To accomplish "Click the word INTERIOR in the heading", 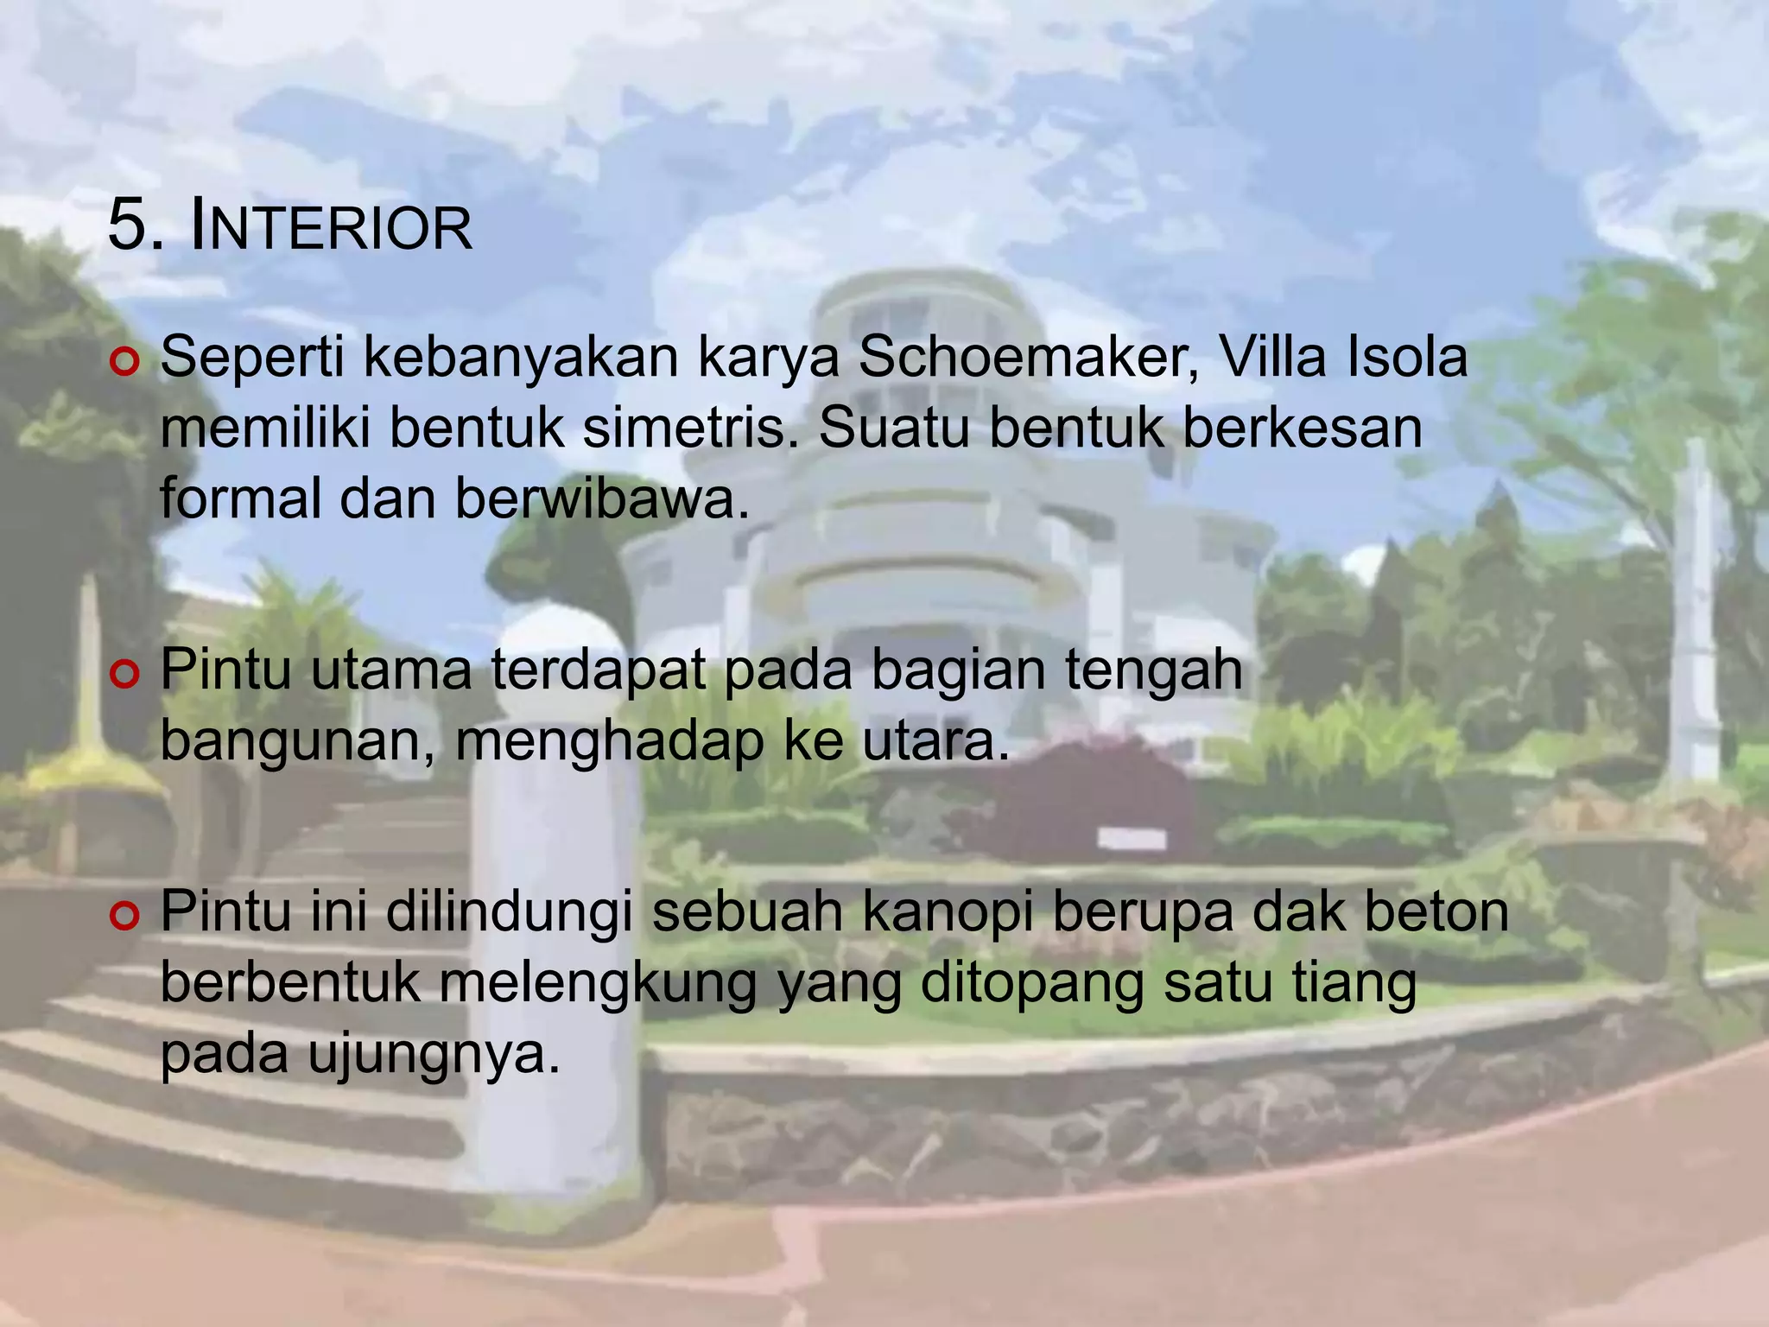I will pyautogui.click(x=330, y=228).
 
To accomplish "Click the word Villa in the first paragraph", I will pyautogui.click(x=1273, y=357).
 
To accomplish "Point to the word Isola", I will pyautogui.click(x=1408, y=357).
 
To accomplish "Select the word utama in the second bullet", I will pyautogui.click(x=390, y=670).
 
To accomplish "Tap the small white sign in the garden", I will pyautogui.click(x=1131, y=837).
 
